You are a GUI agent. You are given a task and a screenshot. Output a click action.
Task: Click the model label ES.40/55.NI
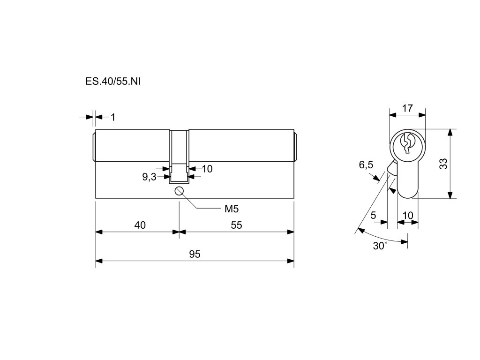point(113,81)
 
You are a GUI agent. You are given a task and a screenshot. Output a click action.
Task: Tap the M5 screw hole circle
point(179,191)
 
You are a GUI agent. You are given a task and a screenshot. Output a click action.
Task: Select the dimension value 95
point(195,254)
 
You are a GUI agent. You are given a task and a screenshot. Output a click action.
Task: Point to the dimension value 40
point(140,225)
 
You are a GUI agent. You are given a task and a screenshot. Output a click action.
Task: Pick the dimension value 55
point(236,225)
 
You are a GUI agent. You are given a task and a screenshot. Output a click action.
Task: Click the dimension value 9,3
point(149,177)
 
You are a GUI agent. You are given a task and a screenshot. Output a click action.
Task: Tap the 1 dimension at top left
point(112,117)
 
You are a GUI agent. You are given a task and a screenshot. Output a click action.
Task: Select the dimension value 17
point(407,108)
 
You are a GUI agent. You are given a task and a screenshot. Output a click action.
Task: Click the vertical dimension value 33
point(443,164)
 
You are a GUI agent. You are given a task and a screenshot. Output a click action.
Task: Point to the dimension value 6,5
point(366,165)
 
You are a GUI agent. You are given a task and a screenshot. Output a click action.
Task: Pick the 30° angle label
point(380,246)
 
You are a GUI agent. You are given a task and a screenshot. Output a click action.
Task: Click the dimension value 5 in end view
point(373,215)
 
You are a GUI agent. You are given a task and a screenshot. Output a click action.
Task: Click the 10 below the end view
point(408,215)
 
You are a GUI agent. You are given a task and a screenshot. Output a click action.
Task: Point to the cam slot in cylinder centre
point(179,155)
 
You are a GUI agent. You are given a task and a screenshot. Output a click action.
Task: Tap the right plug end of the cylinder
point(295,146)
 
